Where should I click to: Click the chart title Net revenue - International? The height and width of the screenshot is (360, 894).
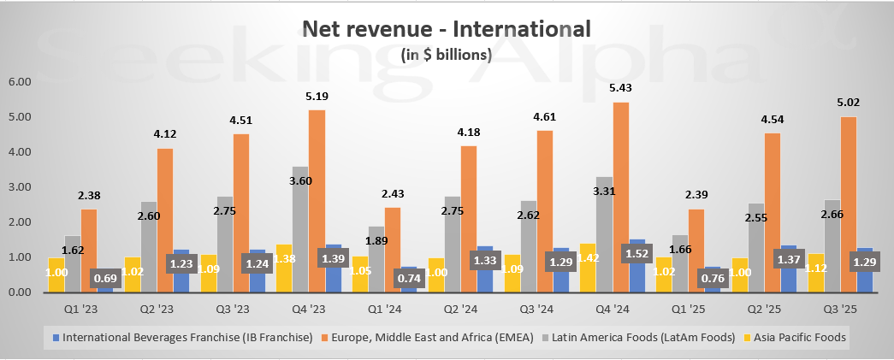click(447, 29)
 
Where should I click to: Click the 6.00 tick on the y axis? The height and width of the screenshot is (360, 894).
click(19, 82)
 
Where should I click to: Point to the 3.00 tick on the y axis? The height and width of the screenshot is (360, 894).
click(19, 187)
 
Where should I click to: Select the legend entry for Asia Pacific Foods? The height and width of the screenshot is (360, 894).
click(799, 337)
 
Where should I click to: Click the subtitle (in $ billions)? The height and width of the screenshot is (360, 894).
click(447, 55)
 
